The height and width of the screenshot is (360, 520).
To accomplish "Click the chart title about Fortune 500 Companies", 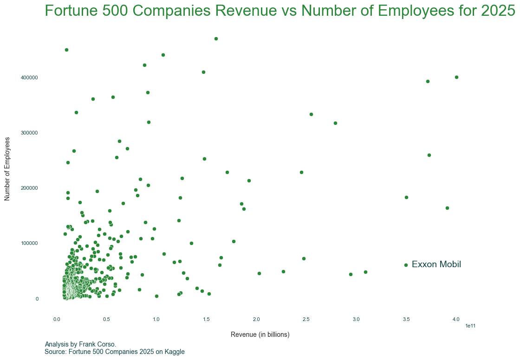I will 280,11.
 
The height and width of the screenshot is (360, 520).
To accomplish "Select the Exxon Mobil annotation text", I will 436,264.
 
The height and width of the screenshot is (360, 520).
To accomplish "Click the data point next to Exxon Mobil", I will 406,265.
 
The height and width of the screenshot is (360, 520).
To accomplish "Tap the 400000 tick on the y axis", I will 30,77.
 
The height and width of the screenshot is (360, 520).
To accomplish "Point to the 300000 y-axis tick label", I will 30,133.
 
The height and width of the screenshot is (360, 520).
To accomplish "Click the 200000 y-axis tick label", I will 30,188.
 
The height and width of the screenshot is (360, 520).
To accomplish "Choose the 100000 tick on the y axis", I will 30,244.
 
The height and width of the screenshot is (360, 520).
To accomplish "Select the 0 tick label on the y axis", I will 37,299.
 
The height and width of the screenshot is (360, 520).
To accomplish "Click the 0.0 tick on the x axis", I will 57,319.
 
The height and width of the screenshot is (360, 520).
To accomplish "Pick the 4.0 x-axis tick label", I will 456,319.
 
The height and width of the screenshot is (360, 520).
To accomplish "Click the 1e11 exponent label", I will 470,326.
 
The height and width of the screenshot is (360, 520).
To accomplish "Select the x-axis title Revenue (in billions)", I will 260,334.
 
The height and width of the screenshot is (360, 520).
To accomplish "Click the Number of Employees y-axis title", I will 7,169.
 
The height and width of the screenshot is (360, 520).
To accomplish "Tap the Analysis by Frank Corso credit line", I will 80,344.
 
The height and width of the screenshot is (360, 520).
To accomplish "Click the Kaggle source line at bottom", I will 115,352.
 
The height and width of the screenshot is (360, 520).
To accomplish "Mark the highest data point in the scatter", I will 216,39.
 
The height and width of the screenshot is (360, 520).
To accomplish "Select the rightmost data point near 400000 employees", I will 456,77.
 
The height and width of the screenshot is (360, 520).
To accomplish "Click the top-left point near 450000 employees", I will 66,50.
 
